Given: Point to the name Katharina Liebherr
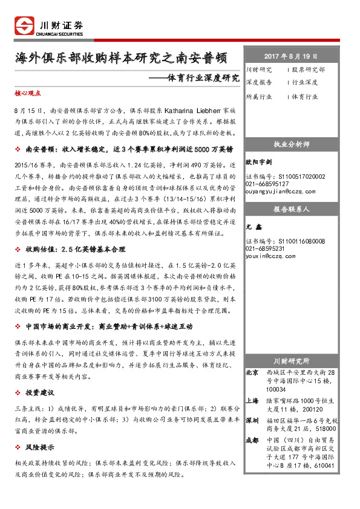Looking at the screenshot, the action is [x=197, y=112].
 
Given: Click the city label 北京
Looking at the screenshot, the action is [x=252, y=373].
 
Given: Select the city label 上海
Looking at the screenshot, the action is [x=252, y=400].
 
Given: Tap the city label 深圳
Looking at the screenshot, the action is [x=252, y=420].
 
